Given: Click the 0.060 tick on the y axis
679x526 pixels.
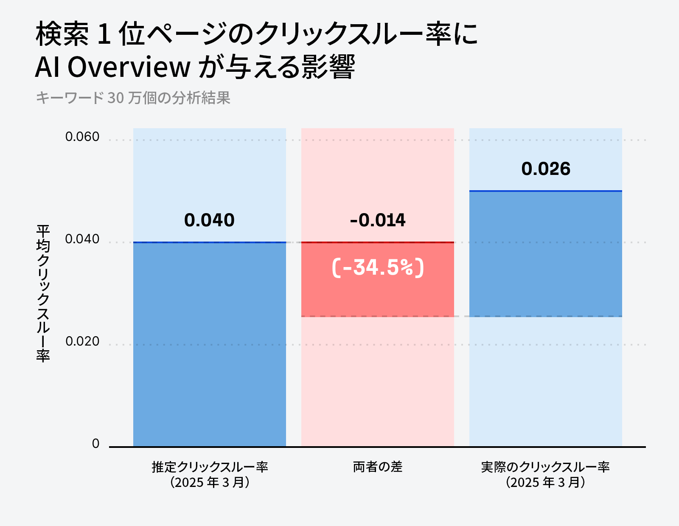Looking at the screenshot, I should click(82, 137).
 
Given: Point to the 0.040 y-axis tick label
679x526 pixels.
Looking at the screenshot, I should click(82, 239).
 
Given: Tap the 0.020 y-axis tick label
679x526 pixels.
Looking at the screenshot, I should click(82, 341).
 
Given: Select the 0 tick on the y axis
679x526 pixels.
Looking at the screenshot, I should click(95, 444).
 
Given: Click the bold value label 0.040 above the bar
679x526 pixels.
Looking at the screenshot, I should click(209, 220).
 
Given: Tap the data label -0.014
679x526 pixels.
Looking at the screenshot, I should click(377, 220).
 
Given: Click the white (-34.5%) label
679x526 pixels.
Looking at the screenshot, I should click(377, 267).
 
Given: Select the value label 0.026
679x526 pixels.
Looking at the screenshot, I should click(546, 169).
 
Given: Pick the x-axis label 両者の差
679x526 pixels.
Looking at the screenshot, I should click(377, 467).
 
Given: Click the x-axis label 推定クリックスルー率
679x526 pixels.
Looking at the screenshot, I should click(210, 467).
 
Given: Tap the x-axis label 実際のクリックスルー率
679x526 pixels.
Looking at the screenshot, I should click(545, 467).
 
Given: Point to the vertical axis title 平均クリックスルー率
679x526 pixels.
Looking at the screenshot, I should click(43, 293).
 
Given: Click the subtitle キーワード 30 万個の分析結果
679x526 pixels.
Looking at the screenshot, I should click(133, 98).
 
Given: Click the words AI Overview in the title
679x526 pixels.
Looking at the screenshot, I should click(113, 67).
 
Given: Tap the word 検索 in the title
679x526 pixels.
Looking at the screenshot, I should click(62, 34).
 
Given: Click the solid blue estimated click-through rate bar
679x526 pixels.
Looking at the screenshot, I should click(209, 344).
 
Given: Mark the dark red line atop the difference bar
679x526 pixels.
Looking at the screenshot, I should click(377, 242).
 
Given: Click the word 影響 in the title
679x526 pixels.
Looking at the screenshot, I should click(328, 67).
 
